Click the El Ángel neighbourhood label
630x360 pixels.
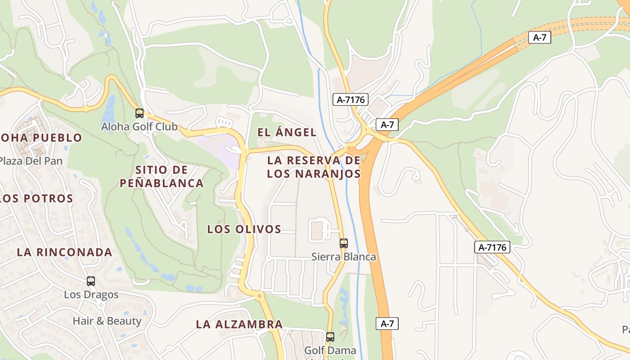[287, 132]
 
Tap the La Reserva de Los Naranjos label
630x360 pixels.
[314, 167]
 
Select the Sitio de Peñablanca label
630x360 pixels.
[162, 176]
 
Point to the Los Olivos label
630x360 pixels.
[244, 229]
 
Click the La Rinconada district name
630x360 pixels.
[64, 252]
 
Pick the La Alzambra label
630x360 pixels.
[239, 324]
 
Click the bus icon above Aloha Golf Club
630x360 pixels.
[139, 113]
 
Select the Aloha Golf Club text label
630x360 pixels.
[139, 127]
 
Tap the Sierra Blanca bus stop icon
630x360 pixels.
[344, 243]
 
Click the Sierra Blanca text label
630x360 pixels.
[344, 257]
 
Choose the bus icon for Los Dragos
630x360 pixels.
[91, 281]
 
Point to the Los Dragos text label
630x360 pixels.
[91, 295]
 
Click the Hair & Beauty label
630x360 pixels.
[107, 321]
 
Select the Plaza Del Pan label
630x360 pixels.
[31, 161]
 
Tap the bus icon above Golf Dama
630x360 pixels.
[330, 337]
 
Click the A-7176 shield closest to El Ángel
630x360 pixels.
[351, 99]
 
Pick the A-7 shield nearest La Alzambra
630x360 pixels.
[387, 323]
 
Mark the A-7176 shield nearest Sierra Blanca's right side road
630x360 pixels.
[492, 247]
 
